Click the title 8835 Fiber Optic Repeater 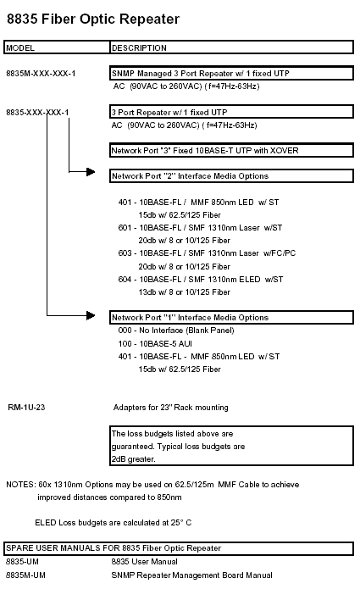click(x=93, y=19)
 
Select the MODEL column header click(x=20, y=47)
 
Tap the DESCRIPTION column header click(x=139, y=47)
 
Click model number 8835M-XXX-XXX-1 click(x=41, y=74)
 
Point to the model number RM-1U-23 click(x=26, y=407)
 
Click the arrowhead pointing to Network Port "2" click(x=91, y=172)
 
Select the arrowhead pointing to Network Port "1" click(x=91, y=315)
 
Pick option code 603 click(x=125, y=253)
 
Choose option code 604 click(x=125, y=280)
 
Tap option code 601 click(x=125, y=228)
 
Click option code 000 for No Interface click(x=125, y=331)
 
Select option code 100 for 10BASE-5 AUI click(x=125, y=343)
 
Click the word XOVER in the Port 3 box click(x=284, y=150)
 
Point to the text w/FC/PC click(x=280, y=253)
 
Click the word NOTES click(x=20, y=485)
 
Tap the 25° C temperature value click(x=181, y=523)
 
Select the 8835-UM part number click(x=22, y=562)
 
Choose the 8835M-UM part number click(x=25, y=575)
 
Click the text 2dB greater click(x=134, y=459)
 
